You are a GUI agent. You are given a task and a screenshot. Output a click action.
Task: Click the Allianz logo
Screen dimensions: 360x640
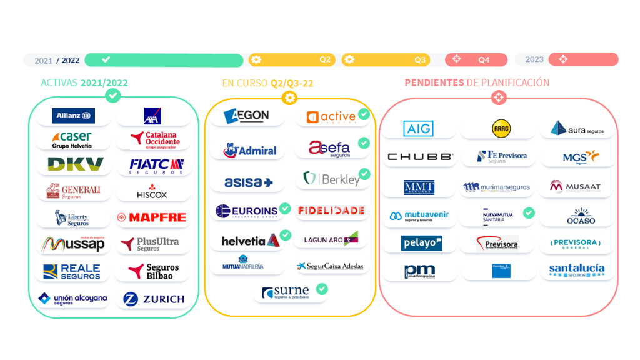point(74,116)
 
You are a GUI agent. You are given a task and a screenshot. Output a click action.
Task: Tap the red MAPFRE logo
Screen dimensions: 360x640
point(152,217)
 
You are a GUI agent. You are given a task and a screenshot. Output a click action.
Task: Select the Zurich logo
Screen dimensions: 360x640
point(154,299)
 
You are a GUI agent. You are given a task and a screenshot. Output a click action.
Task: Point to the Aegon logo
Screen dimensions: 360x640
point(246,116)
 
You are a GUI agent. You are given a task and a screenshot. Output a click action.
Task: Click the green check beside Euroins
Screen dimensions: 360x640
point(285,208)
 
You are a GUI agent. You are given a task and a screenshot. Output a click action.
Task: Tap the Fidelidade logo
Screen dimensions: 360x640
point(331,211)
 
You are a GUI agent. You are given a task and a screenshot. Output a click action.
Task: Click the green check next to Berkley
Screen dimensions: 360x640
point(364,174)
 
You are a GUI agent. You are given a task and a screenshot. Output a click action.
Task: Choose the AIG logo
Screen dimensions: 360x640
point(417,129)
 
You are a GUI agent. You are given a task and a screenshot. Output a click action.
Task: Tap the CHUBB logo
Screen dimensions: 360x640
point(420,157)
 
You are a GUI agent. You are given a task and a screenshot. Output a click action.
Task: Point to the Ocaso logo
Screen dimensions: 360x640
point(581,216)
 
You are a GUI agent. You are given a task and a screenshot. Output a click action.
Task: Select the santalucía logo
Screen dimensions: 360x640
point(577,270)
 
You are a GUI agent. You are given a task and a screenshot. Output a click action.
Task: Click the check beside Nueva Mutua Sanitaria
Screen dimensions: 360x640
point(529,213)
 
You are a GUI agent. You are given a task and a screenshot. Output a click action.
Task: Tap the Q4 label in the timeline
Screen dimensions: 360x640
point(484,60)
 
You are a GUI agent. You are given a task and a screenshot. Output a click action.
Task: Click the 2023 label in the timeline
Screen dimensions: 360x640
point(534,59)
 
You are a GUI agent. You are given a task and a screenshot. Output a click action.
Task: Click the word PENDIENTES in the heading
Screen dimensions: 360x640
point(434,82)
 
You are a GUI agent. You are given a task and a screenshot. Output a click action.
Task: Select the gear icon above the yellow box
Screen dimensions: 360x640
point(289,97)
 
